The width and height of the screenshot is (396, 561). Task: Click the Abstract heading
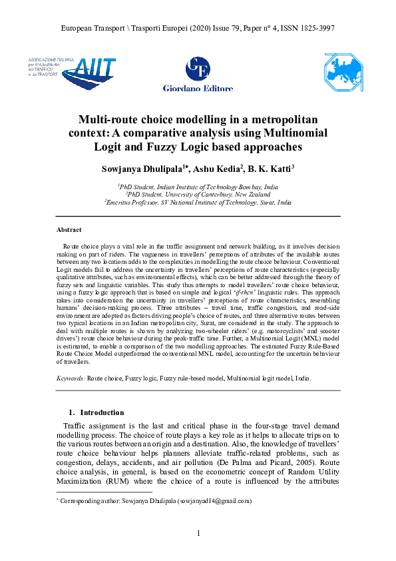(70, 230)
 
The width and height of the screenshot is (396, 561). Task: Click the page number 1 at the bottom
(198, 532)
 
